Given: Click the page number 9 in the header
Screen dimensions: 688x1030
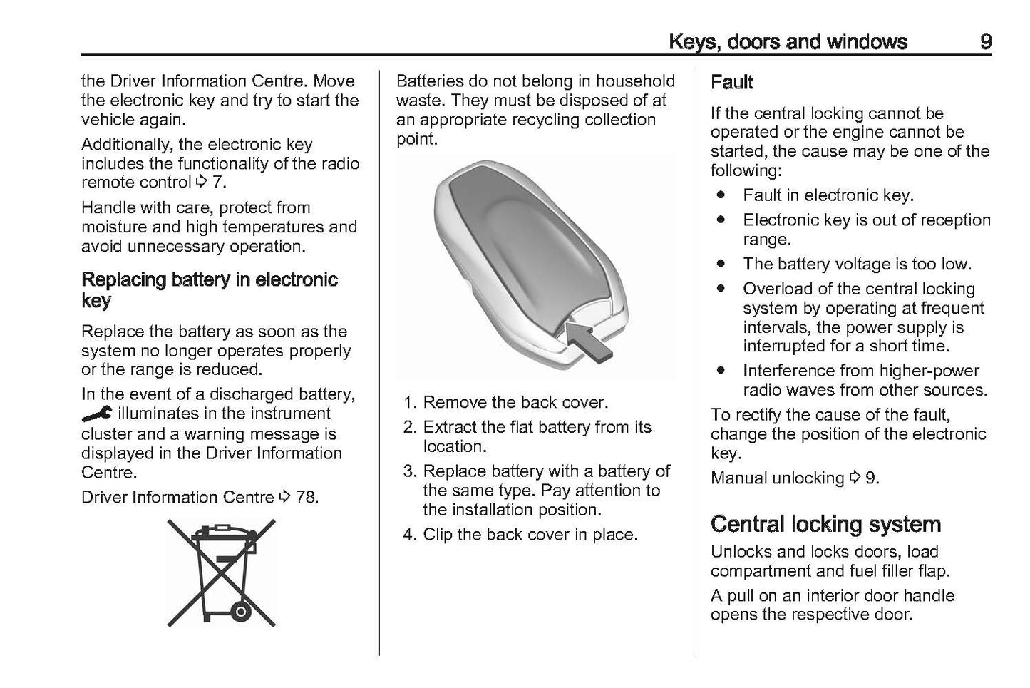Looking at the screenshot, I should pyautogui.click(x=984, y=41).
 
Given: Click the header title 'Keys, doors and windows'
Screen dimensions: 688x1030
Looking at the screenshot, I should pyautogui.click(x=787, y=42).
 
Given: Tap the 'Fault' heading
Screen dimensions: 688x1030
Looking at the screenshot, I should pyautogui.click(x=731, y=83).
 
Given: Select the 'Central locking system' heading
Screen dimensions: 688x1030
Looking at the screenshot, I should pyautogui.click(x=825, y=524).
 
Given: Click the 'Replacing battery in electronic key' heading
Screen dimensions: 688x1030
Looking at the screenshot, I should pyautogui.click(x=209, y=289).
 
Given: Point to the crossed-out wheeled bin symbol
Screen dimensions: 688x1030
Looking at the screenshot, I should pyautogui.click(x=222, y=573).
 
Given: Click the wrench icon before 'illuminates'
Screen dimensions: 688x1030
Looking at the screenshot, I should pyautogui.click(x=96, y=414).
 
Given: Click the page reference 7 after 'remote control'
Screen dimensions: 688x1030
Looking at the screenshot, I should pyautogui.click(x=217, y=183).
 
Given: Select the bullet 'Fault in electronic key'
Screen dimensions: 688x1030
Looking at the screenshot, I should pyautogui.click(x=828, y=195).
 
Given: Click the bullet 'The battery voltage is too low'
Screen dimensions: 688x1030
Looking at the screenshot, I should pyautogui.click(x=856, y=264).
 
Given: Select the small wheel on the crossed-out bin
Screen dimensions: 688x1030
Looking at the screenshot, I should pyautogui.click(x=240, y=611).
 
